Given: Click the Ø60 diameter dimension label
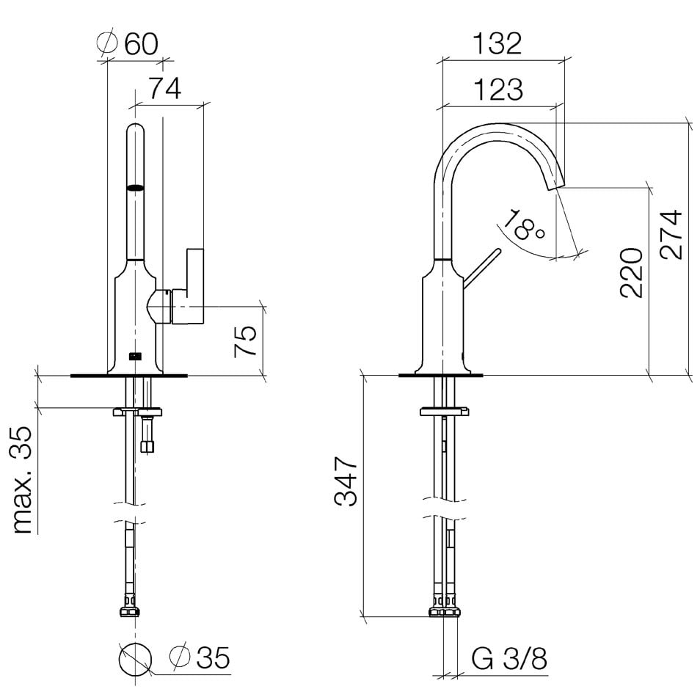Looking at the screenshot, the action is coord(127,43).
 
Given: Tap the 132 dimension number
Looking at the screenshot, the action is coord(497,43).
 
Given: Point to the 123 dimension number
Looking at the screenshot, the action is coord(497,90).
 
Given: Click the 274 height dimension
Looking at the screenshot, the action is coord(671,234).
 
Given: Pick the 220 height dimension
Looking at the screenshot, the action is coord(631,272).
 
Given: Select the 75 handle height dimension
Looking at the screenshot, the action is coord(246,341).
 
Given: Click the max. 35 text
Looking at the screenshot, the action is coord(21,480).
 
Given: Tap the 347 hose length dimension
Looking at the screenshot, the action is coord(346,481).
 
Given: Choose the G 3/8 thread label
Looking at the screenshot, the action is coord(509,658).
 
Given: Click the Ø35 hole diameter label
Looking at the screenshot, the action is coord(200,657).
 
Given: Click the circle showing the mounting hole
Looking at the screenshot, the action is coord(135,659).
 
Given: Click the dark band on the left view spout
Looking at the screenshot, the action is coord(136,188).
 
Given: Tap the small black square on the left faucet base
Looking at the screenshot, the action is coord(135,357).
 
